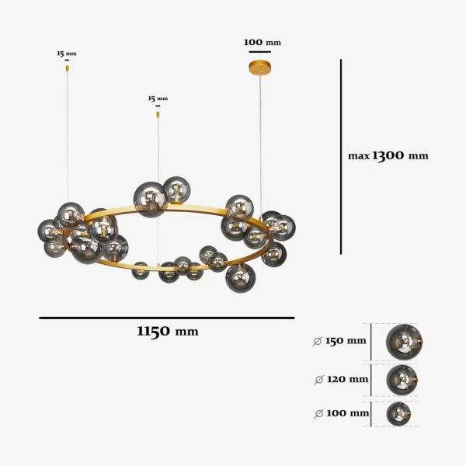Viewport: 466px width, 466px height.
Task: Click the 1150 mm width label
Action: tap(168, 331)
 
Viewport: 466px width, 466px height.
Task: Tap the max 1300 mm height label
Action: tap(388, 155)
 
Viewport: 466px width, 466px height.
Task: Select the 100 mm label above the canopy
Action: tap(263, 42)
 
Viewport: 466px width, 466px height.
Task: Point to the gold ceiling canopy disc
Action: tap(261, 67)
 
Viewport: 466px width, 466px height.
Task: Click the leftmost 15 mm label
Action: tap(67, 54)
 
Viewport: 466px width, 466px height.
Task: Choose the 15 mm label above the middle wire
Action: tap(158, 99)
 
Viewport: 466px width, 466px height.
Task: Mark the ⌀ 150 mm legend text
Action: tap(339, 341)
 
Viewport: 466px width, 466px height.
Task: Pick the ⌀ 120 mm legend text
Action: tap(341, 379)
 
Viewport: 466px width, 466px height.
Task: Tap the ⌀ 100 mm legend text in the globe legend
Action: tap(341, 413)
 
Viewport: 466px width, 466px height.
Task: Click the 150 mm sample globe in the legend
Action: tap(404, 342)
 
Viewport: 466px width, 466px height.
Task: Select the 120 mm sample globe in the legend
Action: tap(402, 380)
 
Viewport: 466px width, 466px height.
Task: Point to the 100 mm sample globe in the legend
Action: tap(398, 414)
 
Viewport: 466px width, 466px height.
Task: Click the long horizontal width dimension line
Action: tap(167, 318)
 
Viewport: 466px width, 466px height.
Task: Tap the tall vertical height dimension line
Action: tap(341, 157)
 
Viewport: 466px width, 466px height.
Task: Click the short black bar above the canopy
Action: tap(260, 52)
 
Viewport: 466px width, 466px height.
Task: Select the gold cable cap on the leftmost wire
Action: tap(67, 68)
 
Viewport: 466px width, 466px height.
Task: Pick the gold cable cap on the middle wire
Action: tap(158, 114)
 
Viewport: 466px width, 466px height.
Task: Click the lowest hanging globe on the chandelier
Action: tap(241, 278)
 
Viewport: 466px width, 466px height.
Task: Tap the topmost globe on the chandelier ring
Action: tap(177, 190)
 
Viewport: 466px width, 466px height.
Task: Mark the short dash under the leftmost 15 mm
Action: tap(67, 60)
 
